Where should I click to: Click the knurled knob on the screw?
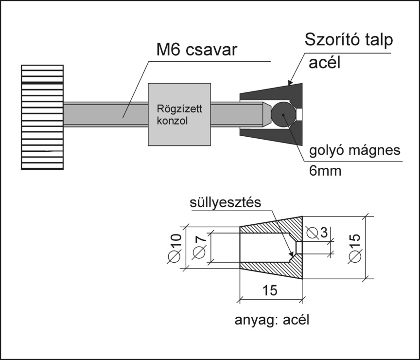point(42,117)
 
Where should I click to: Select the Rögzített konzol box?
point(179,114)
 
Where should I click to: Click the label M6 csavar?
point(197,51)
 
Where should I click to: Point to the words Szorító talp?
point(348,40)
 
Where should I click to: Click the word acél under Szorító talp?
point(325,64)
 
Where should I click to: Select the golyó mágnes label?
point(355,150)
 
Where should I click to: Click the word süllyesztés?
point(226,201)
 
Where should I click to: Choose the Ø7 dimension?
point(199,247)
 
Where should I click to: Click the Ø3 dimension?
point(317,232)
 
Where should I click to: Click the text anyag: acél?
point(272,321)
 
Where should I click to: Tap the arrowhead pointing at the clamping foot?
point(290,83)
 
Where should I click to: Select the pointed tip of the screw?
point(266,114)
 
